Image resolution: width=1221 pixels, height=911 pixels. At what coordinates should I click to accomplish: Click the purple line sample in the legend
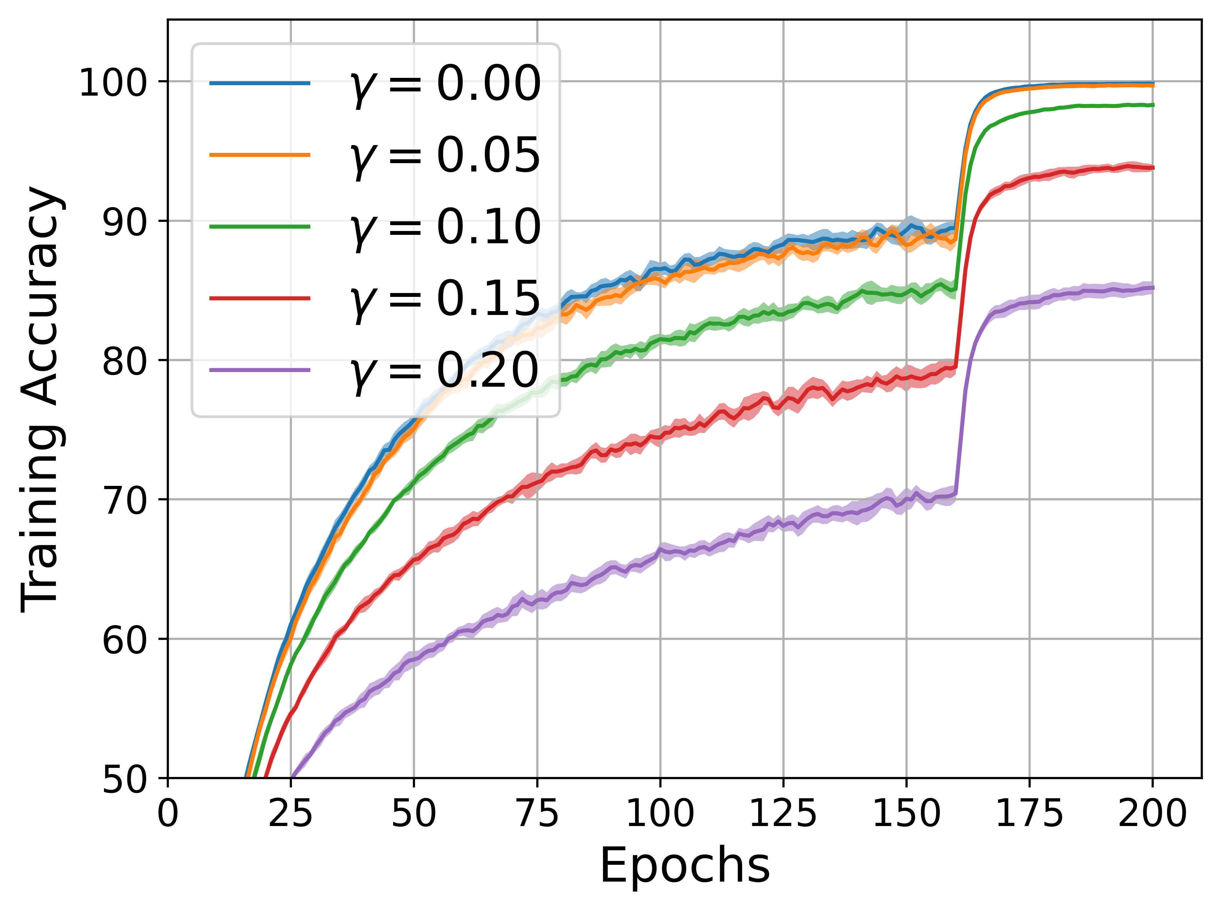click(x=260, y=370)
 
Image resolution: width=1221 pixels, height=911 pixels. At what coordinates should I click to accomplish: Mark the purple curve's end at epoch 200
click(x=1152, y=288)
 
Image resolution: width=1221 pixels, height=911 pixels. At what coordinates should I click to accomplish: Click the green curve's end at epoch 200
click(x=1152, y=105)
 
